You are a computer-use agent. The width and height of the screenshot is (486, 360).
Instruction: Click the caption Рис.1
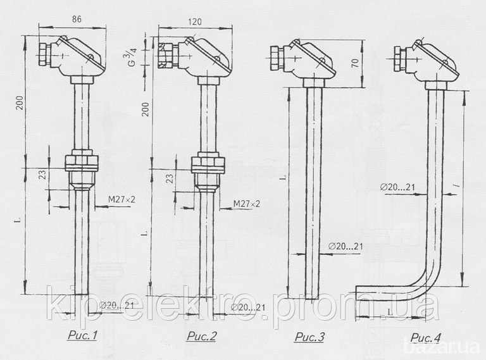[82, 335]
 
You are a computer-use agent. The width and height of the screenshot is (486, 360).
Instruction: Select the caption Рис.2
[201, 336]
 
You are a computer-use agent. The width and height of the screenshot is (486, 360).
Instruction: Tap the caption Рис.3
[309, 337]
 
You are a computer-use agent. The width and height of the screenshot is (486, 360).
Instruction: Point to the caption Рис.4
[426, 338]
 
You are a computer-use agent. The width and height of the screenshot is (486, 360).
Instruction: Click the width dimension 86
[77, 19]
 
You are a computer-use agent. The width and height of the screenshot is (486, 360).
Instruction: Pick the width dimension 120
[195, 22]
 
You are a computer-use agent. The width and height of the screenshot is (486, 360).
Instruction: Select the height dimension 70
[356, 62]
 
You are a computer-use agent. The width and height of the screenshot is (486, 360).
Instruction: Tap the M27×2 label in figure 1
[121, 199]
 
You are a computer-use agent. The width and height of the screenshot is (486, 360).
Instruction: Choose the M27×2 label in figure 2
[247, 204]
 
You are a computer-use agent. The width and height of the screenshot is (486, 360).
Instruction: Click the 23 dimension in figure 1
[44, 175]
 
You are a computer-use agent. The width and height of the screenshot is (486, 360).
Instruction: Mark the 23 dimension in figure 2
[170, 178]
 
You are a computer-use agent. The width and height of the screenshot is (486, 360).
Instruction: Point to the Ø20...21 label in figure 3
[346, 246]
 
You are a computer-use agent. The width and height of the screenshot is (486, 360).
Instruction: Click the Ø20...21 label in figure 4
[397, 187]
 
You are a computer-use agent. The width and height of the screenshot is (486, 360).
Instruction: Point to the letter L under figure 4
[390, 313]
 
